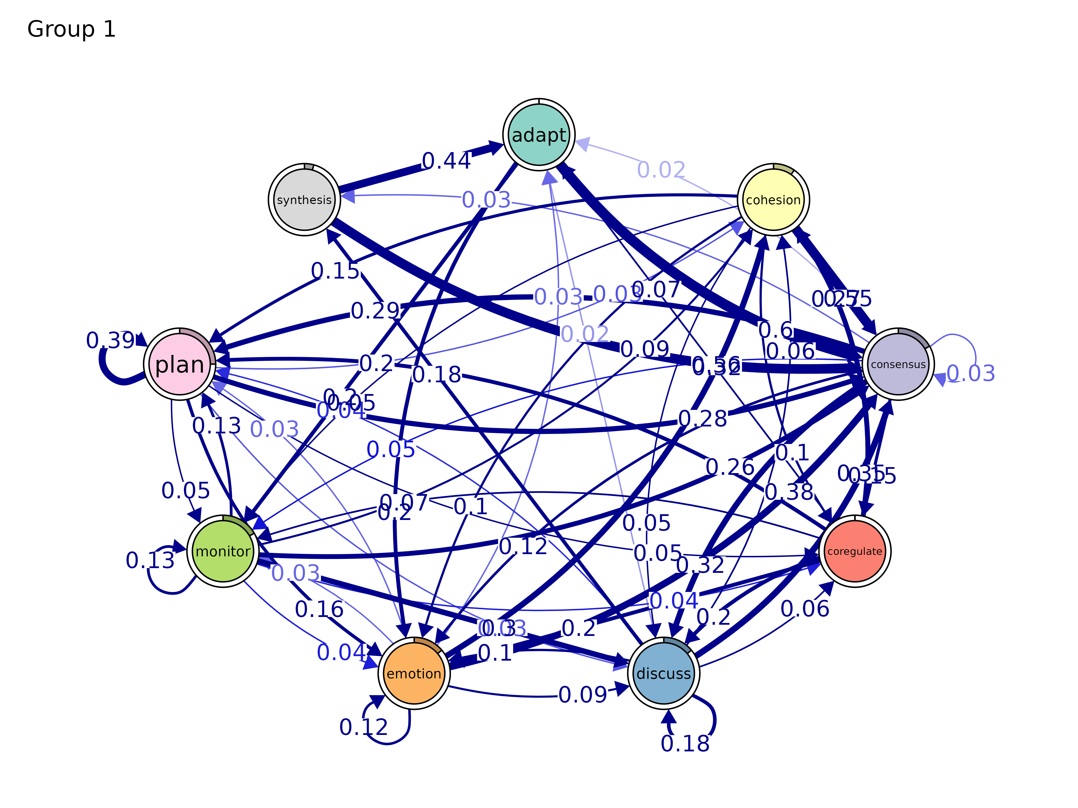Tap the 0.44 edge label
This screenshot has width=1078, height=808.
(x=446, y=161)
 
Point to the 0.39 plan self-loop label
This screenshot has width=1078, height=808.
(x=110, y=340)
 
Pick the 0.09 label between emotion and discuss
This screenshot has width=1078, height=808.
(x=582, y=695)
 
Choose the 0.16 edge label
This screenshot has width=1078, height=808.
(x=319, y=609)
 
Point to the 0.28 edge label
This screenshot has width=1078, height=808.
(x=702, y=418)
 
